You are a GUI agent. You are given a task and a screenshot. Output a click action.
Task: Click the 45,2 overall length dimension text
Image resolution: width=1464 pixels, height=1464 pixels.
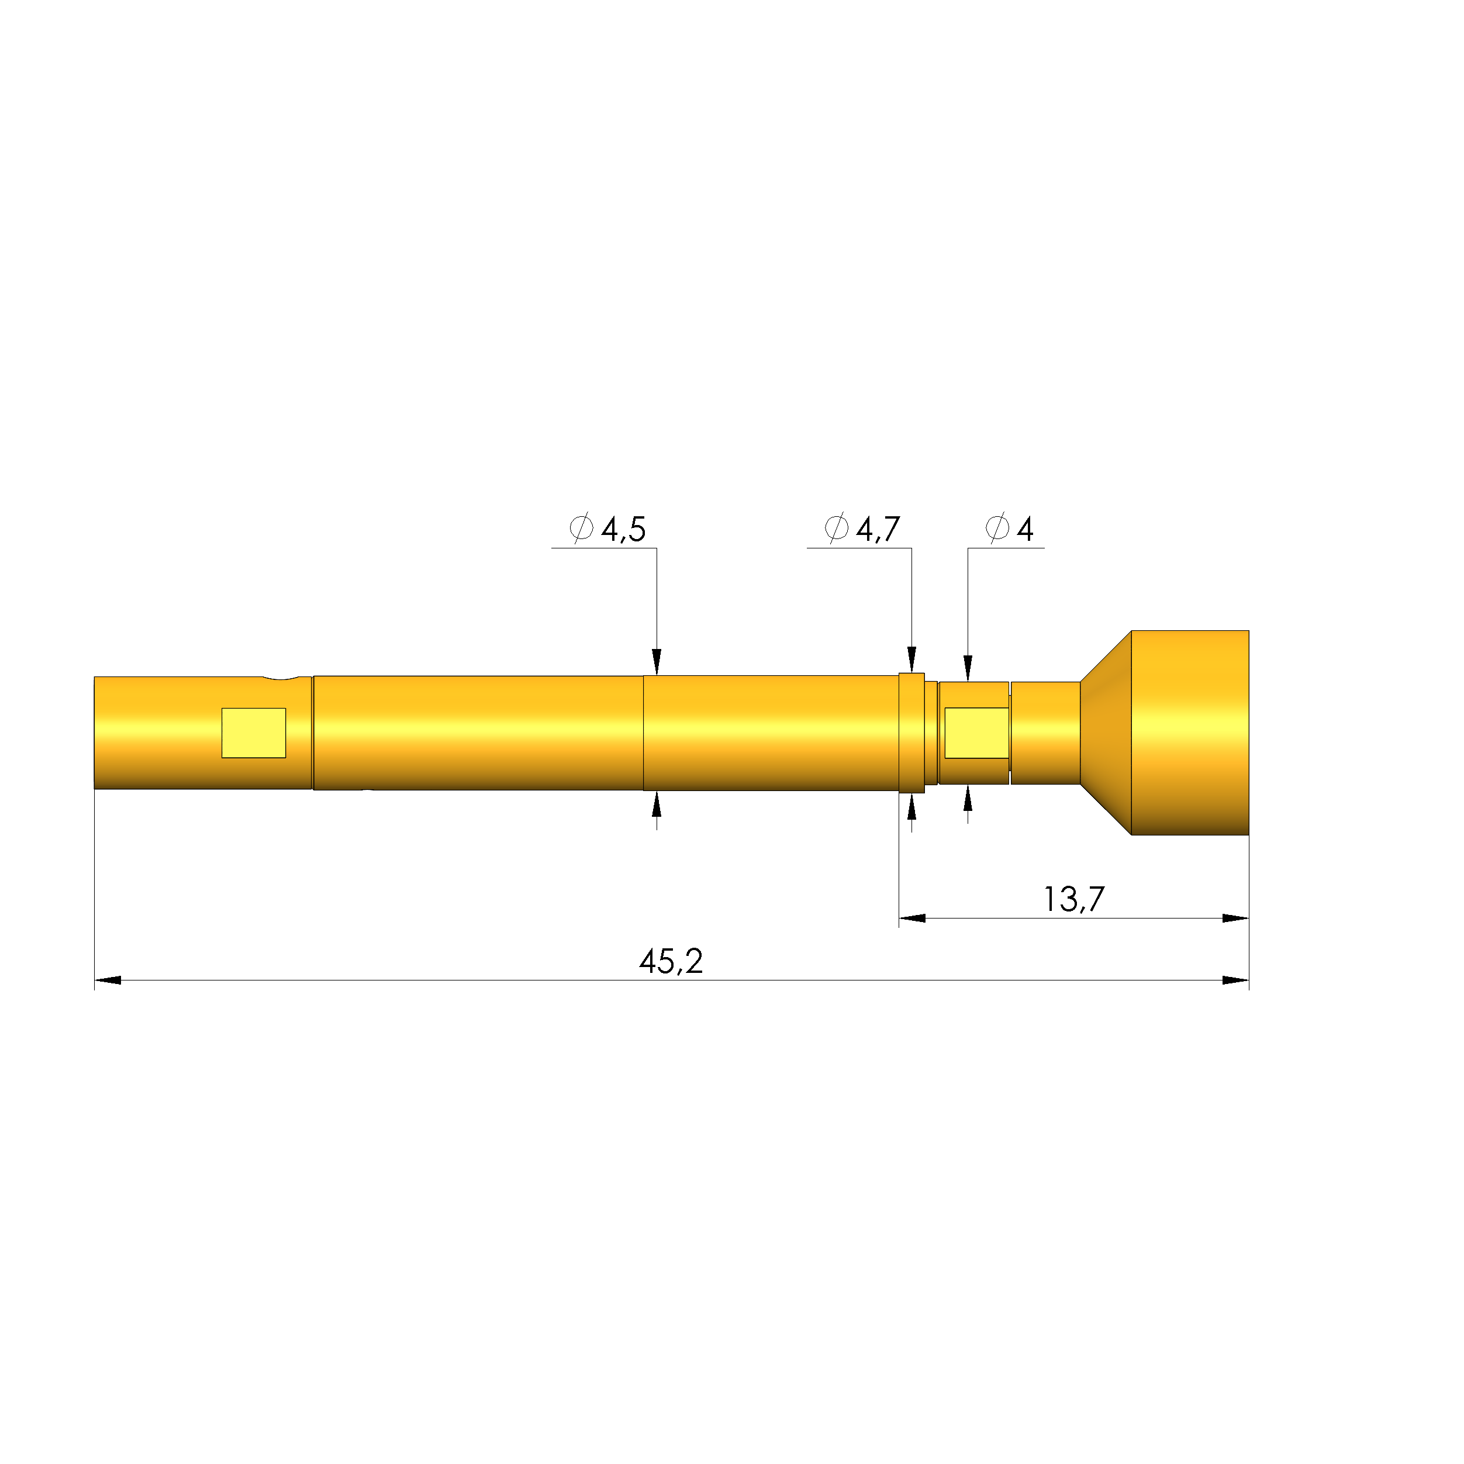[x=671, y=962]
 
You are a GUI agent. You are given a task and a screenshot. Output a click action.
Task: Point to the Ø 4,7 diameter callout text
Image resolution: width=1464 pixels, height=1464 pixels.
[x=863, y=529]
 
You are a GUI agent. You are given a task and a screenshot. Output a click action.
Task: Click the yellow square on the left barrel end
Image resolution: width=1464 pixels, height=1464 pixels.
[x=254, y=733]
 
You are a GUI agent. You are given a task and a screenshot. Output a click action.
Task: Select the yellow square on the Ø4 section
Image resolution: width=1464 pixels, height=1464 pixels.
[x=976, y=733]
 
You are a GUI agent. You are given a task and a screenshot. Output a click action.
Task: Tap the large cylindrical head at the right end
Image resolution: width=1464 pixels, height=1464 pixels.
[x=1190, y=733]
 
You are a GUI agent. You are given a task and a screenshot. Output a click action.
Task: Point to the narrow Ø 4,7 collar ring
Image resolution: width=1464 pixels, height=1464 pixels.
[x=911, y=733]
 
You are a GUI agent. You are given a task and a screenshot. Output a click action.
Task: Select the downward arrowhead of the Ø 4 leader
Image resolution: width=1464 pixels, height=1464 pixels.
[x=968, y=668]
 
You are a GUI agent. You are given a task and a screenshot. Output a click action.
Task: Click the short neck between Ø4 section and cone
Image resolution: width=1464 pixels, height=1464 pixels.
[x=1046, y=733]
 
